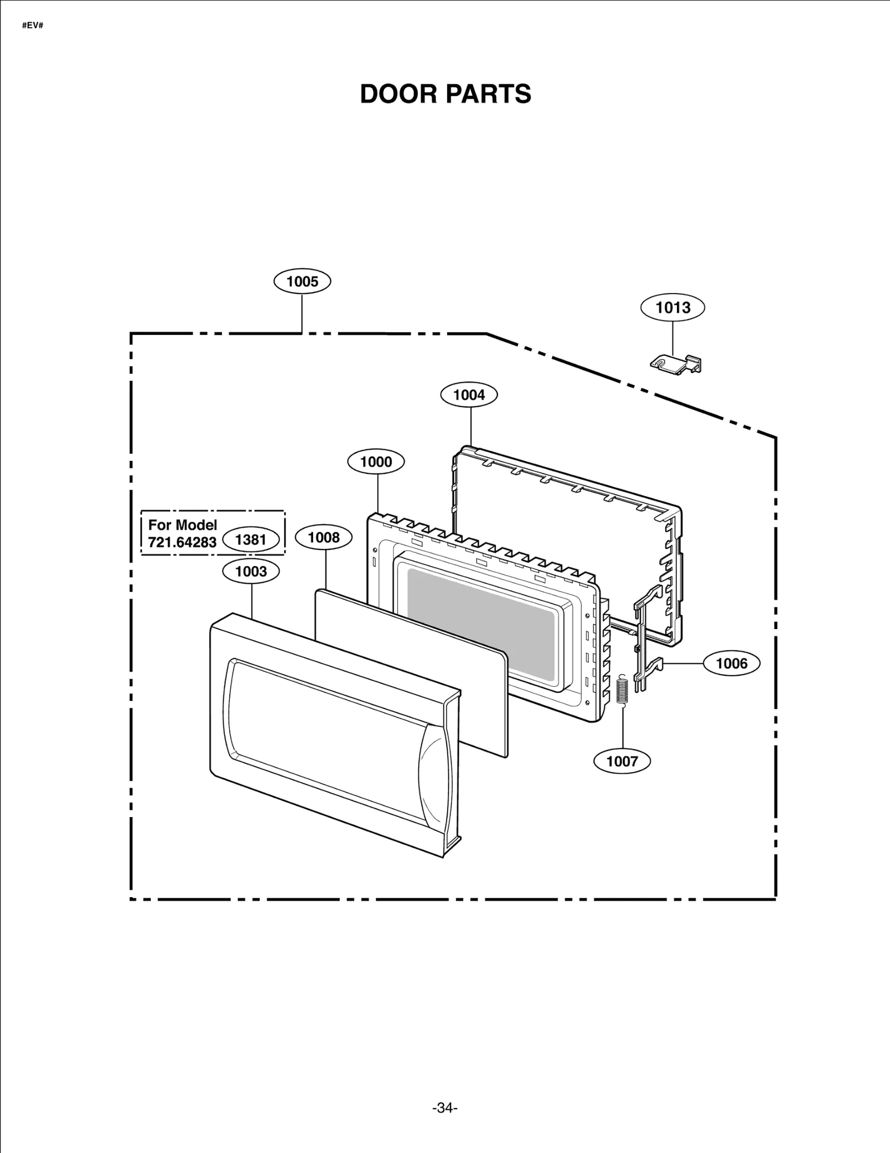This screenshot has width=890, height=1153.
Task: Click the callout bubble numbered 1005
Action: tap(302, 281)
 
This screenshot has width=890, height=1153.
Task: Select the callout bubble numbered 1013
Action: tap(673, 308)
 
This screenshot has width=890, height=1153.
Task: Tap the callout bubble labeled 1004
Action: tap(469, 395)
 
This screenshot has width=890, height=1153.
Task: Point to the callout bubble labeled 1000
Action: tap(376, 462)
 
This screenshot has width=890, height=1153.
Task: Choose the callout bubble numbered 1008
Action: tap(324, 537)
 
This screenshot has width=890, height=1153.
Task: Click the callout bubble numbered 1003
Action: tap(251, 571)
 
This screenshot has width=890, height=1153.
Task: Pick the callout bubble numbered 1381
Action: tap(251, 540)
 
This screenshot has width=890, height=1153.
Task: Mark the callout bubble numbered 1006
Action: tap(731, 663)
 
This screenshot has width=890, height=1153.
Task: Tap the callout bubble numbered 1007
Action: tap(622, 761)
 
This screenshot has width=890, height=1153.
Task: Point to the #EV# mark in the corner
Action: tap(32, 26)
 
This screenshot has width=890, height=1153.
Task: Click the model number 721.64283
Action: tap(182, 542)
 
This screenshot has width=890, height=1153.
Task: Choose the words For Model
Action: tap(182, 525)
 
